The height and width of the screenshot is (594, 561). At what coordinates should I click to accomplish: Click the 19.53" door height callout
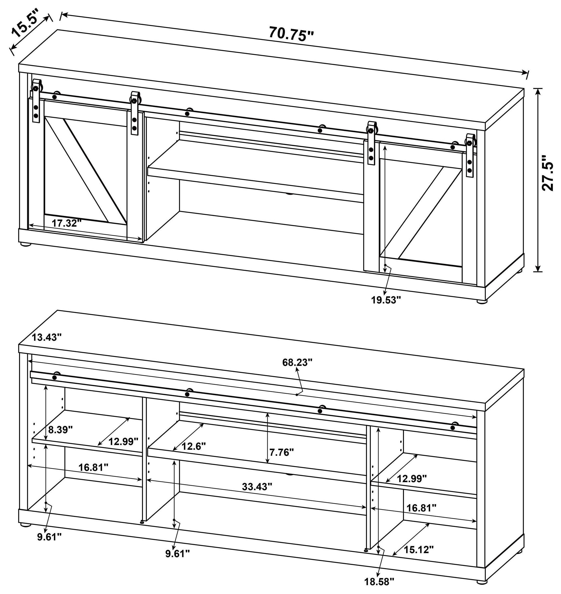tap(386, 300)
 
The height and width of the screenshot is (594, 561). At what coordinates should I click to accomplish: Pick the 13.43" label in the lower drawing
tap(47, 337)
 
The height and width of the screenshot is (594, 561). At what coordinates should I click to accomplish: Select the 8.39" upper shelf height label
tap(60, 430)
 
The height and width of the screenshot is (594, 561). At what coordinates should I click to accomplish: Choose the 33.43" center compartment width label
tap(257, 486)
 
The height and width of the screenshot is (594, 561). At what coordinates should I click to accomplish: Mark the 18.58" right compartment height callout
tap(379, 581)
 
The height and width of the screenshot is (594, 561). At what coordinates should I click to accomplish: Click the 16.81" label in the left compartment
tap(93, 467)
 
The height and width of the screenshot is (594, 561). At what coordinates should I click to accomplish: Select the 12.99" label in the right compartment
tap(411, 479)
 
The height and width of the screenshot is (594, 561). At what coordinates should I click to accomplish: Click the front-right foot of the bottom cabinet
tap(481, 589)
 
